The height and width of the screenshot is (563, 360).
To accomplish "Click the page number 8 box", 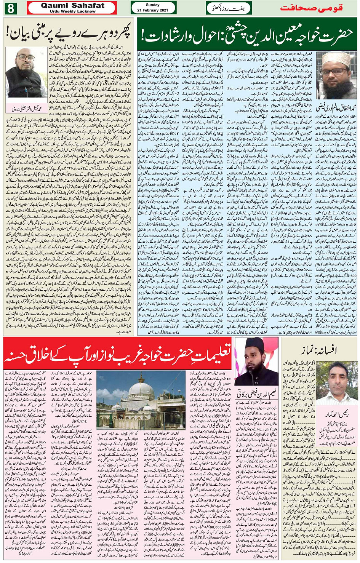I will (10, 8).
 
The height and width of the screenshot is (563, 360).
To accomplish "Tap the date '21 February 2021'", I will (153, 10).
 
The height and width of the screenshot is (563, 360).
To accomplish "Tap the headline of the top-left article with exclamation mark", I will (69, 33).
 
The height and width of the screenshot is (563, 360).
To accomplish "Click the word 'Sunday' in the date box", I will (153, 5).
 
